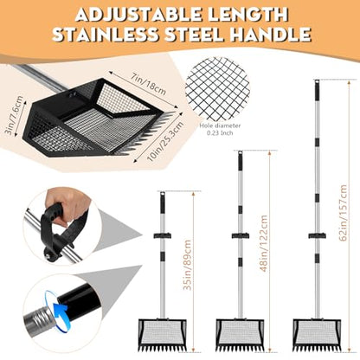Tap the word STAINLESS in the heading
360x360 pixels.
click(106, 35)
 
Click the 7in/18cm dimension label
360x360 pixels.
click(148, 84)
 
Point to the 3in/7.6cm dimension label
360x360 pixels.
click(14, 115)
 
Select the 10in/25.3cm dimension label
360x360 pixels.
click(164, 141)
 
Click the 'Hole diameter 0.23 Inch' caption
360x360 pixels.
click(220, 129)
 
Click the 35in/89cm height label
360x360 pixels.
click(187, 265)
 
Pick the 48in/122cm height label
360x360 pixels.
click(264, 243)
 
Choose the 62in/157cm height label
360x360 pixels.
click(343, 213)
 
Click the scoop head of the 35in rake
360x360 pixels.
click(163, 334)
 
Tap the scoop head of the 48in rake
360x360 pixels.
click(241, 334)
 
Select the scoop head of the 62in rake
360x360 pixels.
click(317, 334)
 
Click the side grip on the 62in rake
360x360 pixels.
click(317, 235)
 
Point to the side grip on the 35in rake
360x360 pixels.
click(163, 235)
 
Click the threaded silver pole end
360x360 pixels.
click(38, 318)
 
